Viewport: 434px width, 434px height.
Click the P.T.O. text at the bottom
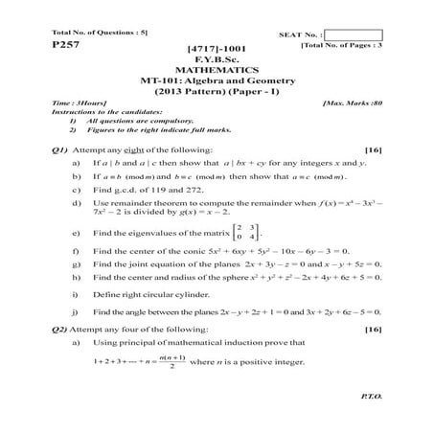[368, 394]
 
